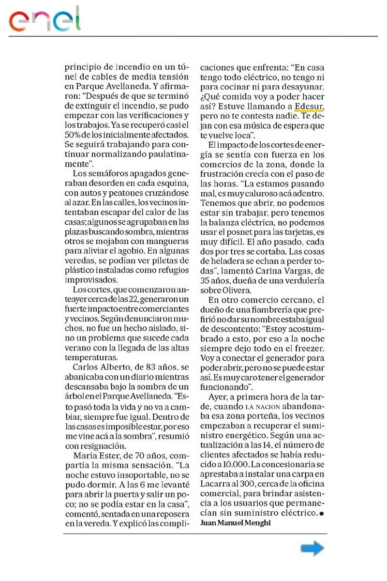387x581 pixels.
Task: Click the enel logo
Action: coord(45,19)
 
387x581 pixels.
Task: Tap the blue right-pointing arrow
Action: coord(312,548)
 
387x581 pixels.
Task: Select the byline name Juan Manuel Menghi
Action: coord(236,522)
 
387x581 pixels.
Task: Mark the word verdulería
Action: coord(303,281)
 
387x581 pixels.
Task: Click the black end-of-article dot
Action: coord(322,513)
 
